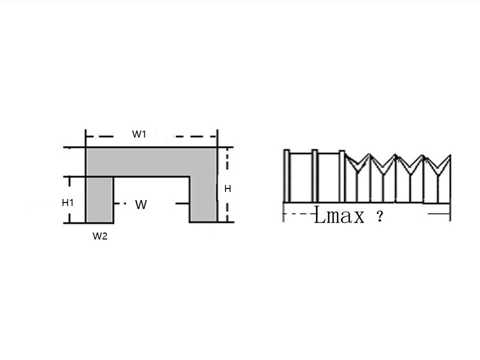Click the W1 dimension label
(x=139, y=134)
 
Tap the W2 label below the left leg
(x=100, y=236)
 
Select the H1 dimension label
(x=67, y=202)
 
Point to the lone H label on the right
(x=227, y=189)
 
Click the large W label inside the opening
(x=141, y=204)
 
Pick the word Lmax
(x=339, y=215)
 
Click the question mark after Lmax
(x=379, y=216)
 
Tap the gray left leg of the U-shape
(x=99, y=199)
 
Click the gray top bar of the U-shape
(x=151, y=162)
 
